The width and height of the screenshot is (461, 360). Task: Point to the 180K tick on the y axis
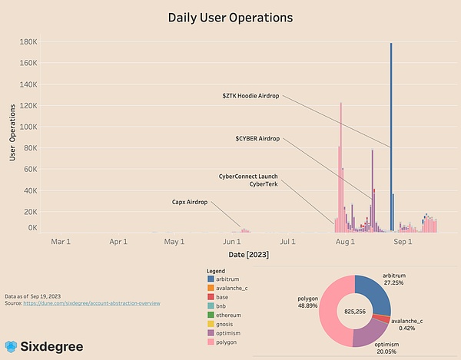tap(28, 41)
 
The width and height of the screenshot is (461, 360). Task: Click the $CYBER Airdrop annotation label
tap(257, 139)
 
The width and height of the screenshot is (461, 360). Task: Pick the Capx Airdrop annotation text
tap(190, 203)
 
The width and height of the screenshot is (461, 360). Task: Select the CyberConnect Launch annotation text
tap(247, 176)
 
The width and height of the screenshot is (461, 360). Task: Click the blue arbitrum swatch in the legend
tap(211, 279)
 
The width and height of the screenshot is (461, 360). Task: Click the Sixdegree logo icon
tap(12, 346)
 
